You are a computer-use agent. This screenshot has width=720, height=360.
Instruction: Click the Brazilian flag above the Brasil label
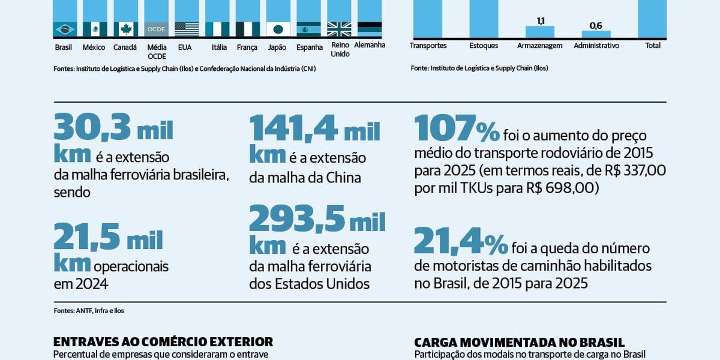(x=65, y=29)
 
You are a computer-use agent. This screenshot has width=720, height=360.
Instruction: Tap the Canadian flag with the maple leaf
(x=126, y=29)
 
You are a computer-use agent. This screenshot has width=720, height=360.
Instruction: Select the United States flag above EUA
(x=187, y=29)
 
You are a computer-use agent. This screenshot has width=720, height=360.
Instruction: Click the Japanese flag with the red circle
(x=278, y=29)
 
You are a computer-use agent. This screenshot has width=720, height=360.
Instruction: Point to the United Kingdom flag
(x=339, y=29)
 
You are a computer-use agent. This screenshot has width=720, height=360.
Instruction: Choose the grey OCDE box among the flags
(x=157, y=29)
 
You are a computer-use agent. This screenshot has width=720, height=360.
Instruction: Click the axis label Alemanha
(x=370, y=45)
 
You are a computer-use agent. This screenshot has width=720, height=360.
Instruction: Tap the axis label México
(x=94, y=47)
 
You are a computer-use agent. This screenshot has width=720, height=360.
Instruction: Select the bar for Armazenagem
(x=540, y=32)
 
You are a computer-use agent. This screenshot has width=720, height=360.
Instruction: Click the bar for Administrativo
(x=596, y=34)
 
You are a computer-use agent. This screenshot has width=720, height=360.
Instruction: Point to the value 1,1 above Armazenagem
(x=540, y=21)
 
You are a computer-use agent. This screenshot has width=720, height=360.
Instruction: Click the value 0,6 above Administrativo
(x=596, y=26)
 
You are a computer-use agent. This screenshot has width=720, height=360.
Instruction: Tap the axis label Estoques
(x=484, y=45)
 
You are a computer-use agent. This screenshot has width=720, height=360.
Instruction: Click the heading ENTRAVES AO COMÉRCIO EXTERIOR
(x=163, y=341)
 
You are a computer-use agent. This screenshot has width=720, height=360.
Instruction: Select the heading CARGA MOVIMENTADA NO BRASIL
(x=519, y=342)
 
